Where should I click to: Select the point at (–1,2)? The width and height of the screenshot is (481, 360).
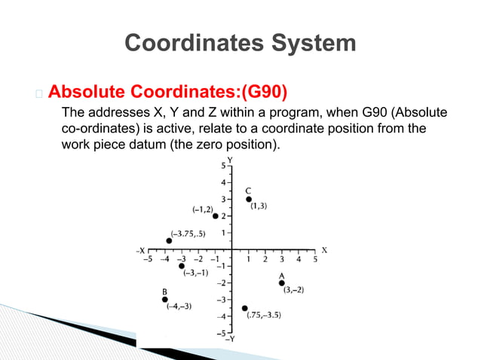[x=216, y=216]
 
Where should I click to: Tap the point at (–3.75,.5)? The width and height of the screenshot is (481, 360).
[x=169, y=241]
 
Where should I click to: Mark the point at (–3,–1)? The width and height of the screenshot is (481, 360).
[x=182, y=266]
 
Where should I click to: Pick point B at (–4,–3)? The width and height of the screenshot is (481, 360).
[x=164, y=300]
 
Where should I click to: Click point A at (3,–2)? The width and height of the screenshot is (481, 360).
[x=282, y=283]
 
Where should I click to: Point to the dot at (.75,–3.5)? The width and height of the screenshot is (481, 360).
[x=245, y=308]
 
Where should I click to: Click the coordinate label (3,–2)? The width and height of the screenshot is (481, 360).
[x=294, y=291]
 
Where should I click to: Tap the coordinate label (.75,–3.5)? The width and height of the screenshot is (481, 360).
[x=265, y=315]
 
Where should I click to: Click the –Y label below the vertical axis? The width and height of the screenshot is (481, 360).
[x=229, y=340]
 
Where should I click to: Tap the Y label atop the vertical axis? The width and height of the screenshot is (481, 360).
[x=230, y=160]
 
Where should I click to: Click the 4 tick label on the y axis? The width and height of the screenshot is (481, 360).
[x=222, y=182]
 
